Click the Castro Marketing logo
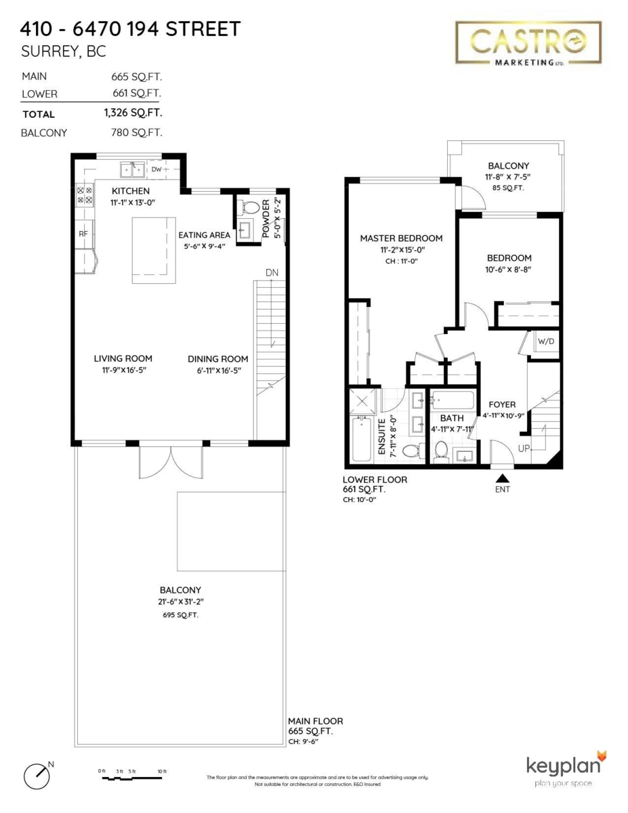[x=528, y=43]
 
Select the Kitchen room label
[x=131, y=191]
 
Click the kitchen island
[x=152, y=250]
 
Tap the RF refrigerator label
[x=84, y=234]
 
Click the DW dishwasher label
[x=156, y=169]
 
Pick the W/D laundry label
[x=545, y=341]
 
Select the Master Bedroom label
[x=401, y=238]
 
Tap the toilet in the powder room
[x=251, y=207]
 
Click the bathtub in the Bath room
[x=455, y=400]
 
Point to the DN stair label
[x=272, y=272]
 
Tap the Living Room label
[x=123, y=358]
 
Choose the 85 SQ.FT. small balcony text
[x=508, y=188]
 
